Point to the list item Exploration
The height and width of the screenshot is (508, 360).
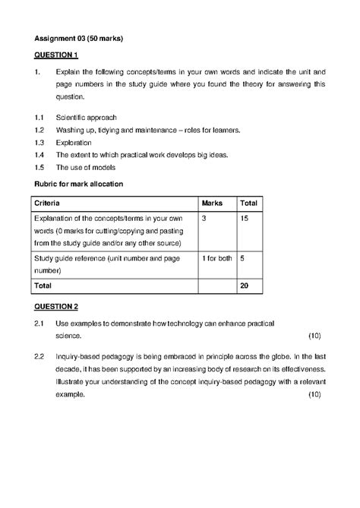[74, 142]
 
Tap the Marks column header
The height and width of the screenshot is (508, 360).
[213, 203]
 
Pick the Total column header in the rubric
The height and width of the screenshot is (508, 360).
[249, 203]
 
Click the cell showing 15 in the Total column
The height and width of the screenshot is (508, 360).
[245, 218]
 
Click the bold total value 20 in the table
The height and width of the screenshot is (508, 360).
[245, 286]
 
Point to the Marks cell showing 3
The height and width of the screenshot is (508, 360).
[204, 218]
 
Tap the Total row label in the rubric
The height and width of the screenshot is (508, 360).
[43, 286]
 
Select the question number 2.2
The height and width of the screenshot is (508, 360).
[40, 355]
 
